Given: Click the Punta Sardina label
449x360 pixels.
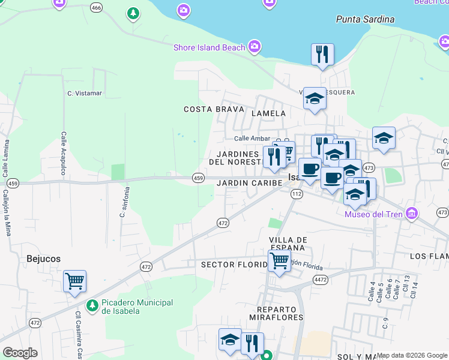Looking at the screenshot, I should coord(365,19).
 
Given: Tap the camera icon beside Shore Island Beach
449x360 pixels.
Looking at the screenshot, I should coord(255,46).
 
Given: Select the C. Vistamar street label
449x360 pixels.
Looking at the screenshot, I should coord(85,94).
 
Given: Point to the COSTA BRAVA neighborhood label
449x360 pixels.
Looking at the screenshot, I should coord(214,109).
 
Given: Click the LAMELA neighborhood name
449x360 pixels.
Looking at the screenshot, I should coord(268,113).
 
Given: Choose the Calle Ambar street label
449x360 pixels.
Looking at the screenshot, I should coord(252,139).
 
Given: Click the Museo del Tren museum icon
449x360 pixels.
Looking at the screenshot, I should coord(411,213).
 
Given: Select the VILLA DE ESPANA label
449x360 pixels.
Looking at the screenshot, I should coord(289,244).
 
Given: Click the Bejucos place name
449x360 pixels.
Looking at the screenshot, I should coord(43,259).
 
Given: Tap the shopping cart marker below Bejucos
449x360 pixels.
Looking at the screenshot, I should coord(74,281).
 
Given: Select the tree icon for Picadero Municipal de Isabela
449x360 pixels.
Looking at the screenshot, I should coord(92,307).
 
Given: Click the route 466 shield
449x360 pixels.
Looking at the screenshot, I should coord(96,7).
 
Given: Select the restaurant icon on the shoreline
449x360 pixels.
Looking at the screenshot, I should coord(322,55).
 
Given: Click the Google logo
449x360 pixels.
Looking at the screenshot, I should coord(20,353).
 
